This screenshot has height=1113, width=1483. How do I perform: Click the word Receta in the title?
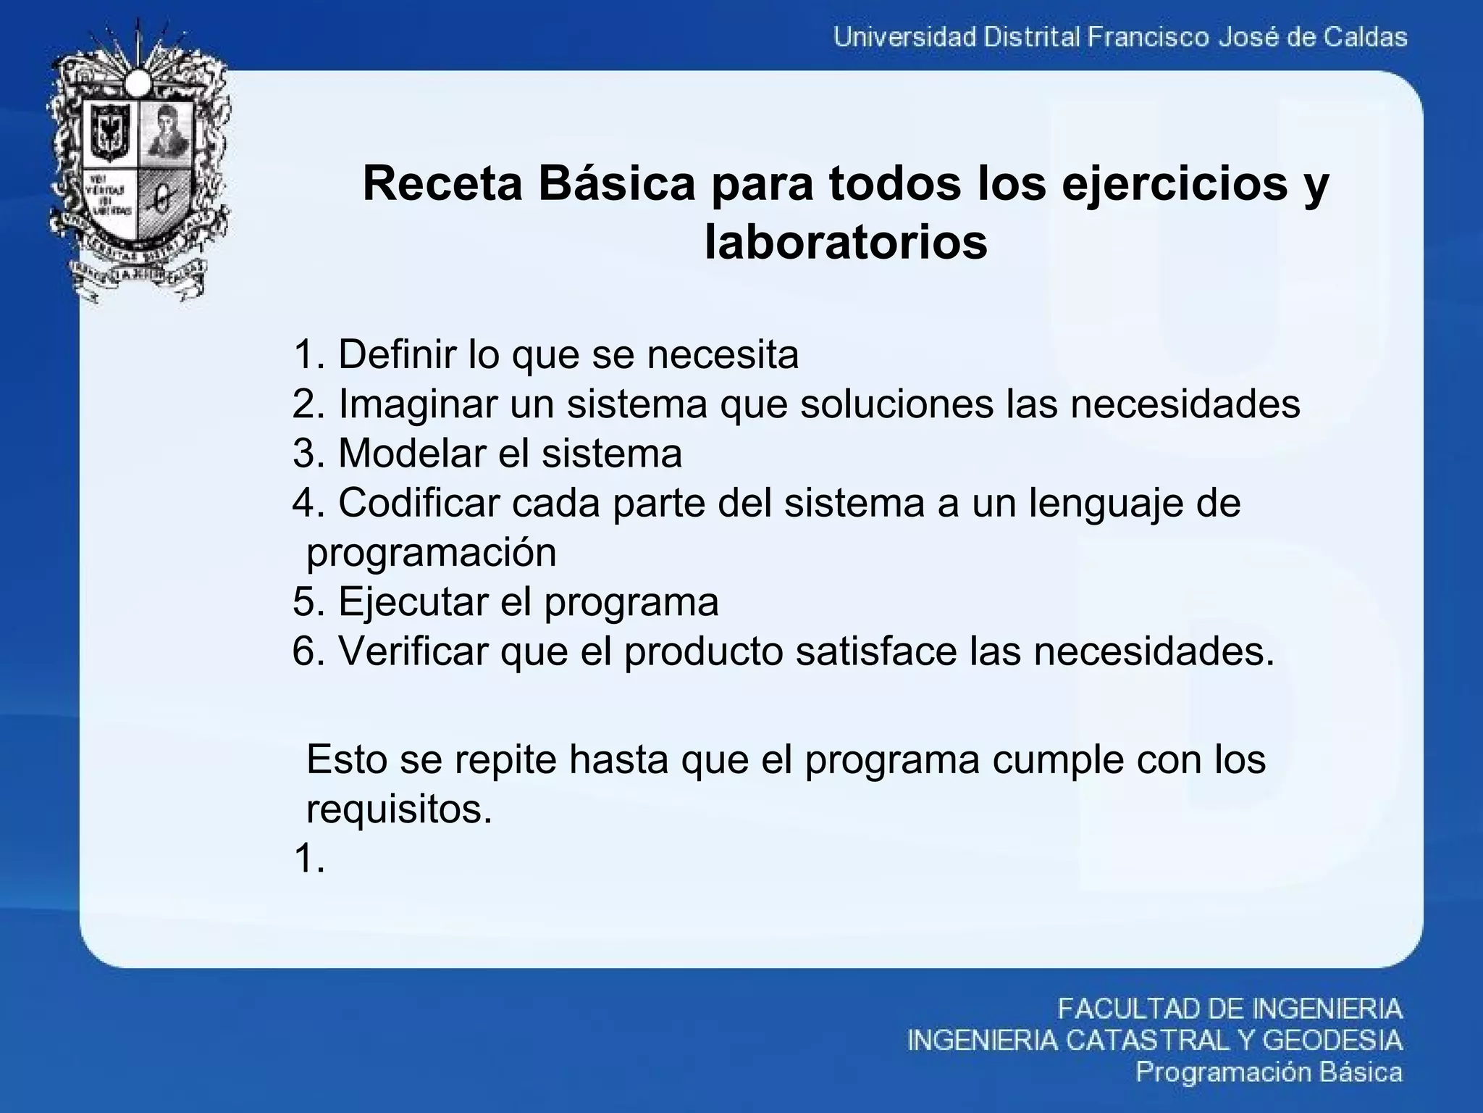coord(442,184)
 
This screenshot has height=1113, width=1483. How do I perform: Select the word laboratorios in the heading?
coord(846,242)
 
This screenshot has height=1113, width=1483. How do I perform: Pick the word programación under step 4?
coord(432,553)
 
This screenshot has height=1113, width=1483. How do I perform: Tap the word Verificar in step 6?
coord(413,651)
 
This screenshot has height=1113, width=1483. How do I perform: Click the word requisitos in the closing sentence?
coord(399,809)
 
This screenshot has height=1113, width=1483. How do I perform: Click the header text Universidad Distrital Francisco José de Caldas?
coord(1120,36)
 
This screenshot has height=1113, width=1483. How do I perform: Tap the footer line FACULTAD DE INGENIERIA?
coord(1230,1009)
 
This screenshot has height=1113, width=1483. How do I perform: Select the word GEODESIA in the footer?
coord(1332,1041)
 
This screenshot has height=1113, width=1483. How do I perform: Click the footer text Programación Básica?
coord(1269,1072)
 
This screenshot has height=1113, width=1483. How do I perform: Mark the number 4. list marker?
coord(309,503)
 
